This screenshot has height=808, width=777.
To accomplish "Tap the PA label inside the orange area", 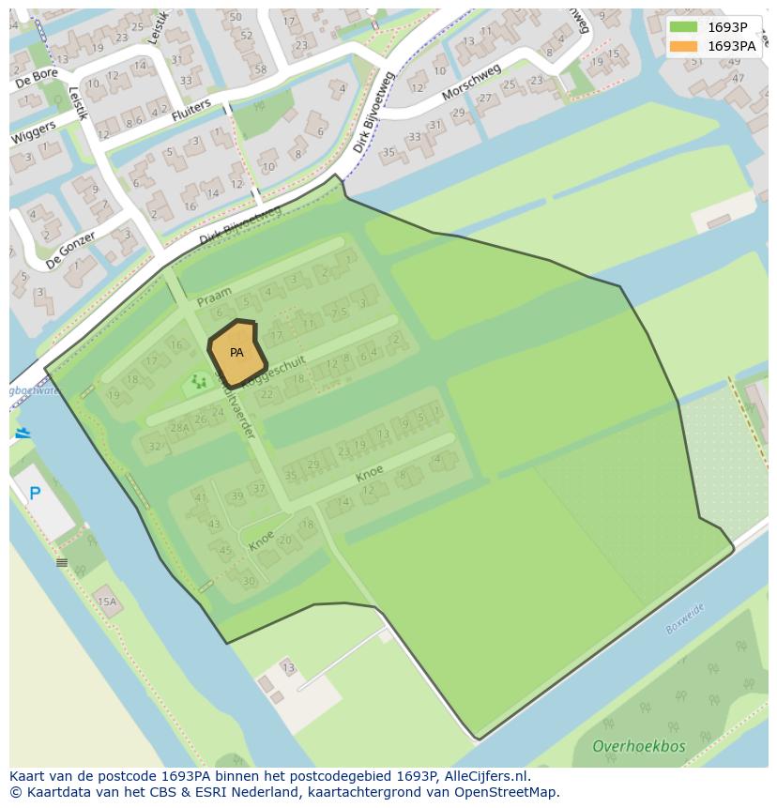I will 236,353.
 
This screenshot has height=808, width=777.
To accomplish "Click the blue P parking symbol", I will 35,494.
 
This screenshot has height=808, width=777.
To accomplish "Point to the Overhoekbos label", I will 638,747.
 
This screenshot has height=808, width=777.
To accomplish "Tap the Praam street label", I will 214,297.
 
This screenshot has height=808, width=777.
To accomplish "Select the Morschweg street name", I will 471,83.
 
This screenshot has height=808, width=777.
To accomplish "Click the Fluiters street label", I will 191,114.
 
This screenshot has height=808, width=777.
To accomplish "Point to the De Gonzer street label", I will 69,250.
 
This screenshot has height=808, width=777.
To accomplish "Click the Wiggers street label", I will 34,133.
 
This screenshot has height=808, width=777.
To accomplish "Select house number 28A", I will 179,428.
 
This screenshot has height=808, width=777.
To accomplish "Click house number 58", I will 260,69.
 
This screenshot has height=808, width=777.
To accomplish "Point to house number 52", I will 246,36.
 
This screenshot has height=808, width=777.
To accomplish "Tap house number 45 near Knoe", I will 224,551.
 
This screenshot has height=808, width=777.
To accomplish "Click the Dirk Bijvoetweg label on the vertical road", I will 373,126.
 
